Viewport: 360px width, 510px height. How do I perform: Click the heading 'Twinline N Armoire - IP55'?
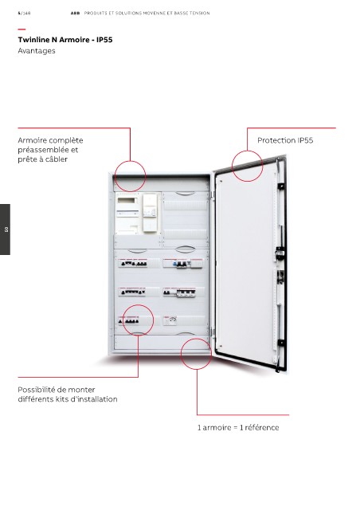pyautogui.click(x=65, y=40)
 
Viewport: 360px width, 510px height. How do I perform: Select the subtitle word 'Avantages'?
pyautogui.click(x=37, y=51)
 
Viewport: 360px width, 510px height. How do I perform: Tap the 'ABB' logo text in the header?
pyautogui.click(x=75, y=14)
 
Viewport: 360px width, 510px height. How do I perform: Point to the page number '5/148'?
pyautogui.click(x=24, y=14)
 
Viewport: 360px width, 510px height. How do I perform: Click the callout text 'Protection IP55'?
pyautogui.click(x=285, y=140)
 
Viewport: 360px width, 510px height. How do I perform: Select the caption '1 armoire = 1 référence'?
pyautogui.click(x=238, y=427)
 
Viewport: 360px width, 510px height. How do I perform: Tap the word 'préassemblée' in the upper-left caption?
pyautogui.click(x=43, y=150)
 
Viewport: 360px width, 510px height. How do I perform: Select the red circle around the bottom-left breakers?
pyautogui.click(x=123, y=320)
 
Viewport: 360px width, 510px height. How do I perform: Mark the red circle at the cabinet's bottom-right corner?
pyautogui.click(x=181, y=354)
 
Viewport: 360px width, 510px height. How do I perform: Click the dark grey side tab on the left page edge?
pyautogui.click(x=5, y=229)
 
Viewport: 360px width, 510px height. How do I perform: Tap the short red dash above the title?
pyautogui.click(x=22, y=29)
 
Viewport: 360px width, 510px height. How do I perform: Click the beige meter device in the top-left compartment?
pyautogui.click(x=150, y=213)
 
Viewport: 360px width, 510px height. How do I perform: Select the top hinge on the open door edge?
pyautogui.click(x=280, y=186)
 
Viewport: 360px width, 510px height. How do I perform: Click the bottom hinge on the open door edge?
pyautogui.click(x=280, y=343)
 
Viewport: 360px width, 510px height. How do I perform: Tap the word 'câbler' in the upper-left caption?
pyautogui.click(x=57, y=159)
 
